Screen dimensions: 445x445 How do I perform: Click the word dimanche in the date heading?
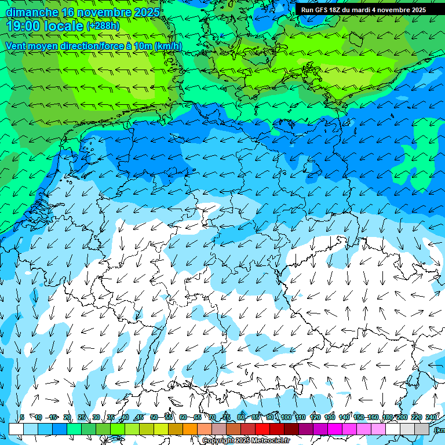(32, 12)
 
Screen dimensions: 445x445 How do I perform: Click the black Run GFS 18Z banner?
(363, 9)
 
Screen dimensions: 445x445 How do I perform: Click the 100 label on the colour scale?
(286, 417)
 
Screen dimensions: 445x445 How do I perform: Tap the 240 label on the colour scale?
(431, 417)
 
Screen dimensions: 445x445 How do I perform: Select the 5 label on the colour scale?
(22, 417)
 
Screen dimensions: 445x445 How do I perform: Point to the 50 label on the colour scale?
(154, 417)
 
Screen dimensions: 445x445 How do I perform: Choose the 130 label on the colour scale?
(330, 417)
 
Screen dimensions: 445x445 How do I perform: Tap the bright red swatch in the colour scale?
(262, 429)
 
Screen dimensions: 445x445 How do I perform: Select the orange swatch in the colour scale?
(190, 429)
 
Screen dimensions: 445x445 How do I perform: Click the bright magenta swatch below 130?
(335, 429)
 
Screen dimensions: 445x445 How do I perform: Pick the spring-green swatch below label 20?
(74, 429)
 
